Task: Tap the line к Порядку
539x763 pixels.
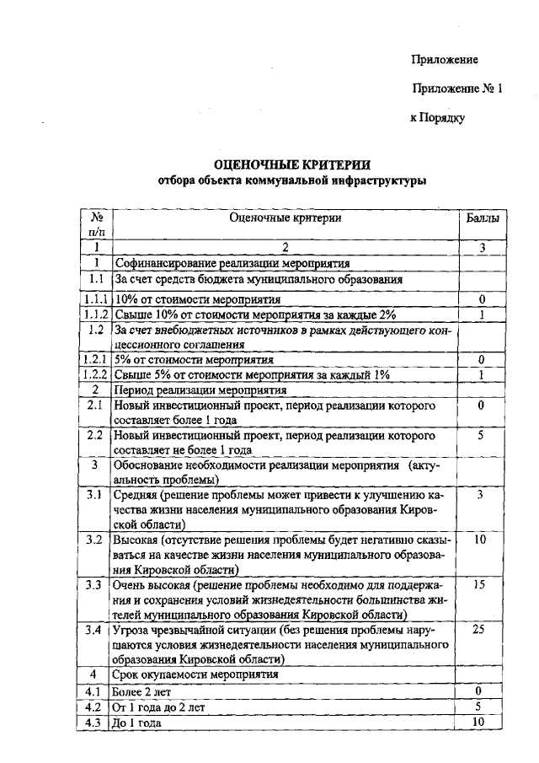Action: click(x=437, y=118)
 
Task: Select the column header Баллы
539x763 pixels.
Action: click(x=482, y=218)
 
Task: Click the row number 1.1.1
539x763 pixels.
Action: click(x=96, y=299)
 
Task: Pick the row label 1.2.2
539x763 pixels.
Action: click(x=96, y=374)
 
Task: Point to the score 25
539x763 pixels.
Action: click(x=479, y=629)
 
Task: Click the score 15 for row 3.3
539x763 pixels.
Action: click(x=479, y=583)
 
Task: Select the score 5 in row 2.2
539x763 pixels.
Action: click(x=479, y=436)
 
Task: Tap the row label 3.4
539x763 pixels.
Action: click(x=95, y=629)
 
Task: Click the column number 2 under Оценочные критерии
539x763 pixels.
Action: click(x=285, y=247)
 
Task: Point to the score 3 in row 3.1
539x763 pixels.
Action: click(x=479, y=494)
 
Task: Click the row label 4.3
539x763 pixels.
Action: click(x=95, y=723)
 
